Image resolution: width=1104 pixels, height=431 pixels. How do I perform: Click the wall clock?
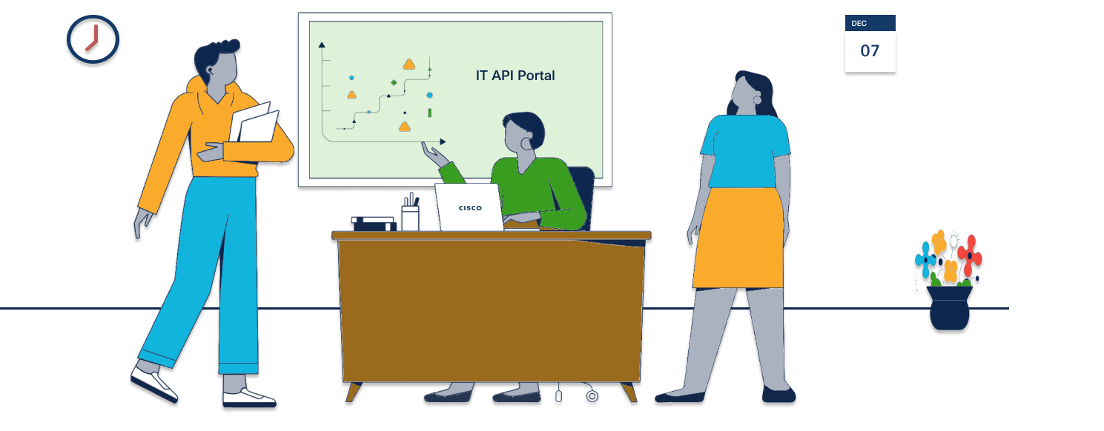93,40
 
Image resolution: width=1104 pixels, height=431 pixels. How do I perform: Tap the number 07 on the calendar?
870,51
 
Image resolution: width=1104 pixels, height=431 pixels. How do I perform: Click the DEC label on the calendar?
859,24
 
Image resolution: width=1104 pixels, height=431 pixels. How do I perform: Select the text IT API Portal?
515,75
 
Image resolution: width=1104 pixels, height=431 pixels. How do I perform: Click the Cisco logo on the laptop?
470,208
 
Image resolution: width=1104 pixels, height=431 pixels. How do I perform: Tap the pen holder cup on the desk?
410,218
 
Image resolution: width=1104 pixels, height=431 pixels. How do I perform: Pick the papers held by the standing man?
254,123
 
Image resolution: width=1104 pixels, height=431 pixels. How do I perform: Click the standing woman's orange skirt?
738,238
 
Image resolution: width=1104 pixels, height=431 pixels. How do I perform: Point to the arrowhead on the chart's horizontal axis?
443,141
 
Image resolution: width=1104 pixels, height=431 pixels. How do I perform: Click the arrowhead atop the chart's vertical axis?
322,45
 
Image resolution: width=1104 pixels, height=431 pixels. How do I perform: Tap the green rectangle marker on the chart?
429,113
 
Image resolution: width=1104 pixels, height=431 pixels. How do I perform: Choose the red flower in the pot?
970,255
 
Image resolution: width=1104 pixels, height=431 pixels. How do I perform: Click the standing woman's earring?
757,100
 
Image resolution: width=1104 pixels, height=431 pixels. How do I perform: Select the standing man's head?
221,65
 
